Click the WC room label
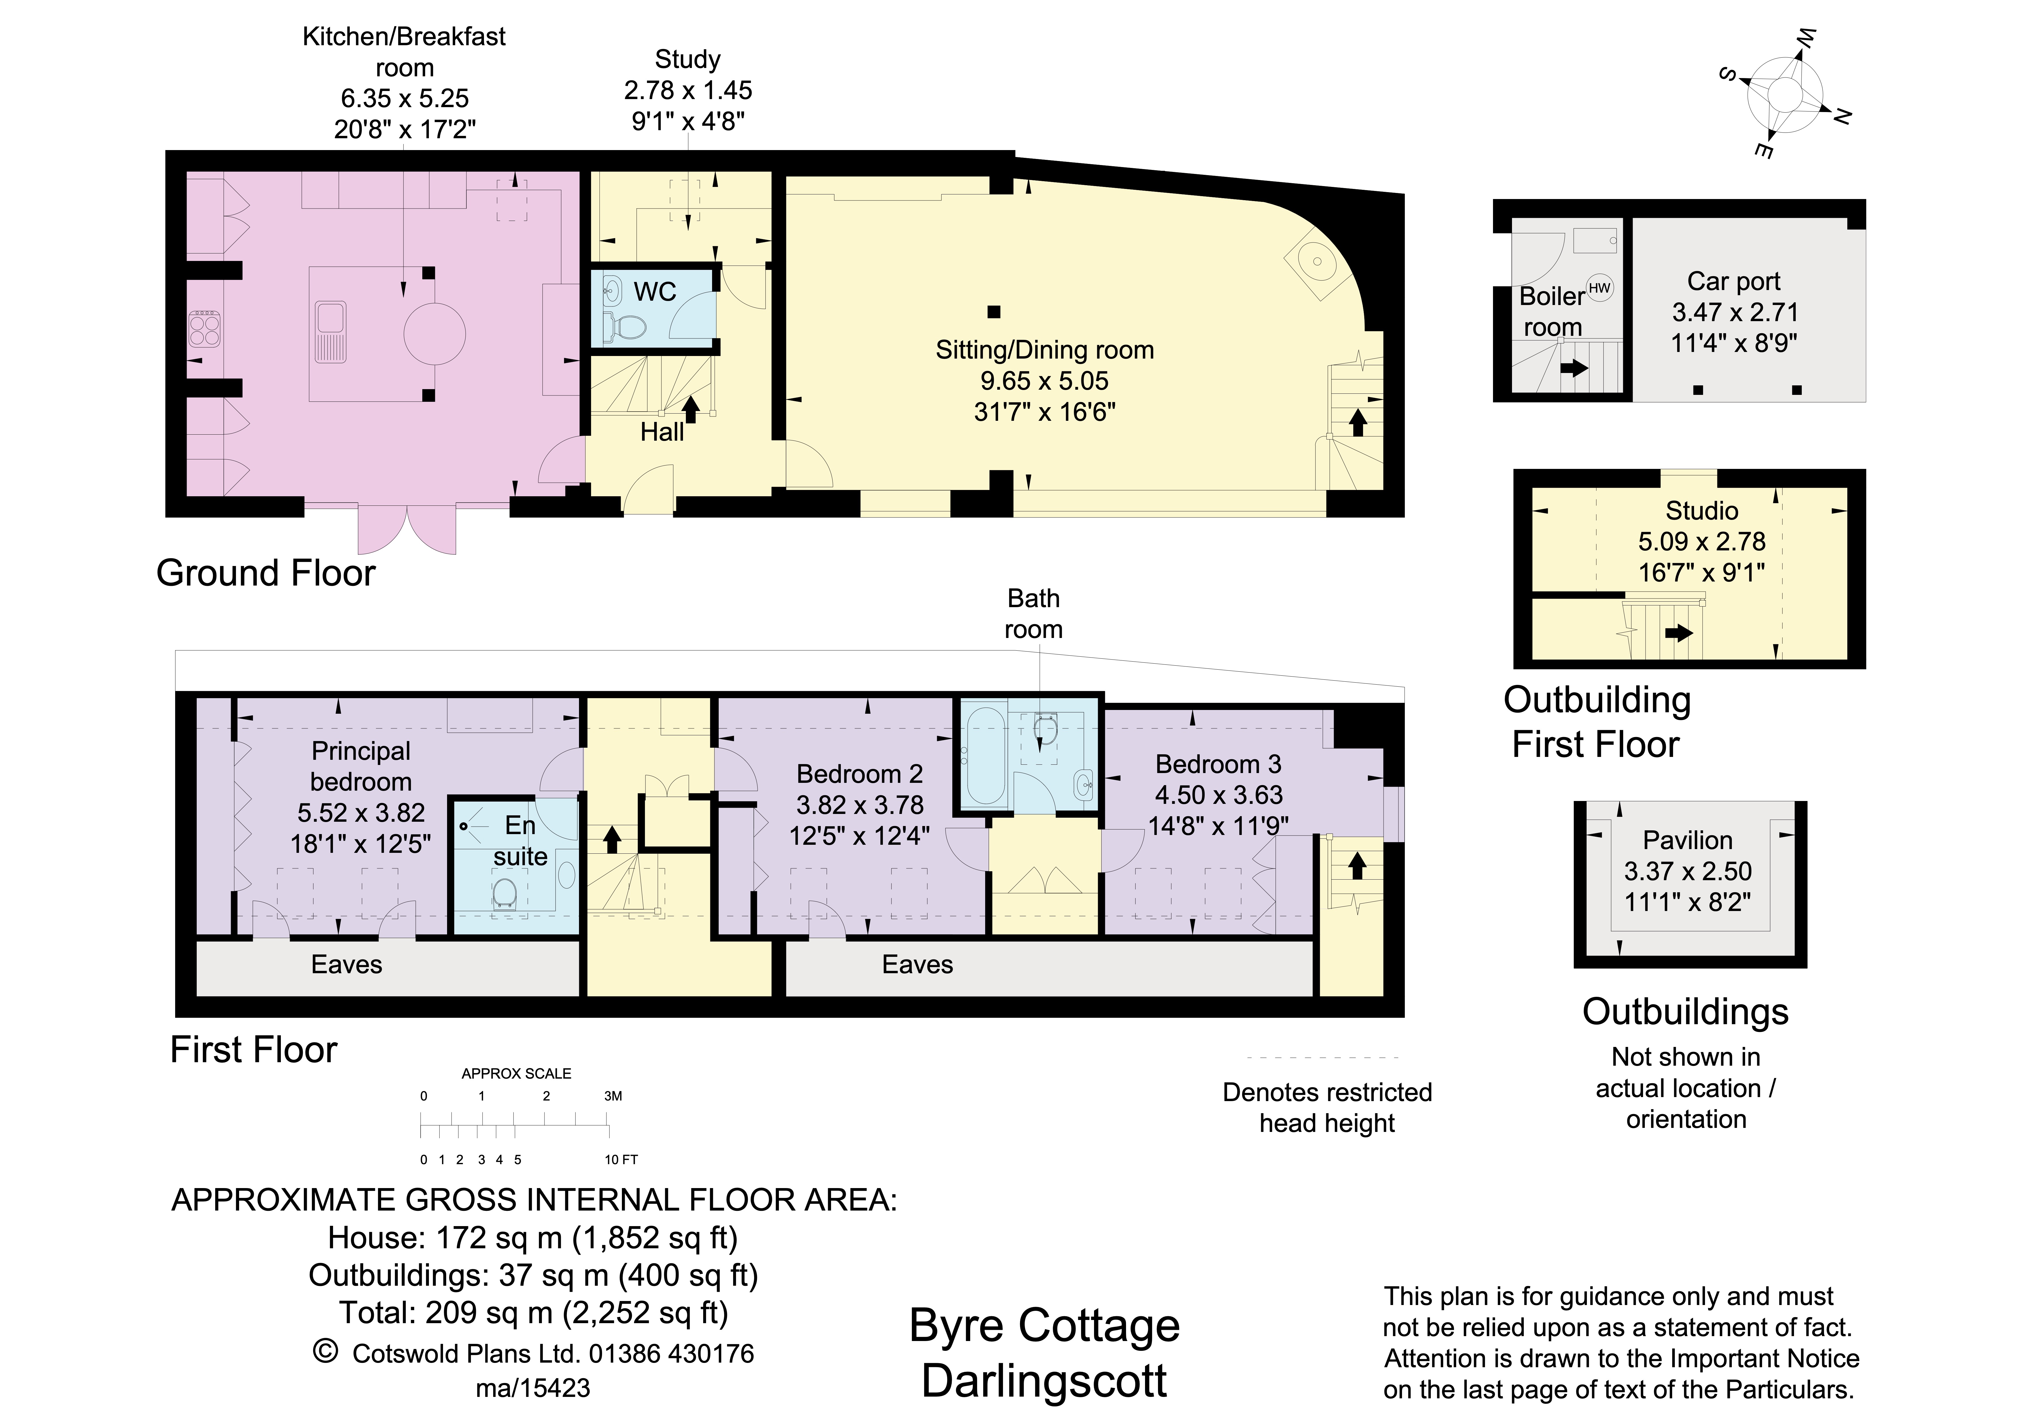tap(655, 292)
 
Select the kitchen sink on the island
tap(331, 331)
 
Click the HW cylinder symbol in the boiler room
tap(1599, 288)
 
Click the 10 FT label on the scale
tap(620, 1160)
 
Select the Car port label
tap(1733, 282)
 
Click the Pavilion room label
tap(1687, 840)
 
